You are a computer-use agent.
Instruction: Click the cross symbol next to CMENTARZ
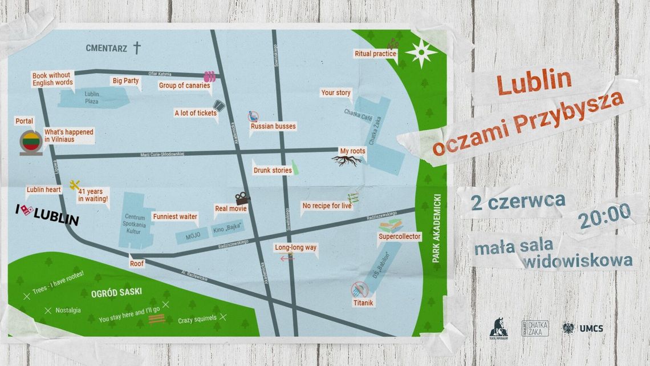pyautogui.click(x=137, y=47)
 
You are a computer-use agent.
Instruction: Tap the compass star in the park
pyautogui.click(x=421, y=54)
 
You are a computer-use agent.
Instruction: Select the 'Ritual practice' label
pyautogui.click(x=375, y=54)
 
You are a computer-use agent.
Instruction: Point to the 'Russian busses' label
pyautogui.click(x=273, y=126)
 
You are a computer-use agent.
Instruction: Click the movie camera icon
pyautogui.click(x=242, y=198)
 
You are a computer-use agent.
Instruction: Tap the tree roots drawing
pyautogui.click(x=346, y=161)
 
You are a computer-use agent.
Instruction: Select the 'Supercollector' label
pyautogui.click(x=400, y=236)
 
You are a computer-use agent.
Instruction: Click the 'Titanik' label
pyautogui.click(x=363, y=303)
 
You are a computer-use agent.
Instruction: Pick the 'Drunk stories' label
pyautogui.click(x=273, y=170)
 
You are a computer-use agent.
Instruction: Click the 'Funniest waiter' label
pyautogui.click(x=175, y=216)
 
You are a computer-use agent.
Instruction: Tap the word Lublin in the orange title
pyautogui.click(x=534, y=81)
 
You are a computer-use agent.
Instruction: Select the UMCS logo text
pyautogui.click(x=591, y=328)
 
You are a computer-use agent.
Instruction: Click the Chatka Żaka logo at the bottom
pyautogui.click(x=535, y=328)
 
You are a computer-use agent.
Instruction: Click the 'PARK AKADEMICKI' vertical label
pyautogui.click(x=437, y=228)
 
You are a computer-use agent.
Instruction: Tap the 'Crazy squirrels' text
pyautogui.click(x=197, y=320)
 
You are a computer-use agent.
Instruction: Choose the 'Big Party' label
pyautogui.click(x=125, y=81)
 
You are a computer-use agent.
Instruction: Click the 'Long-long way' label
pyautogui.click(x=295, y=248)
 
